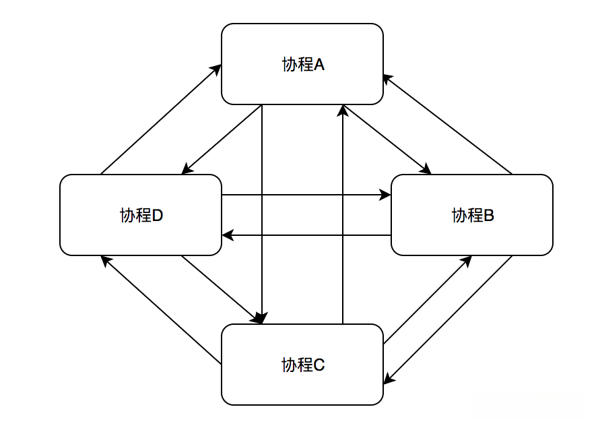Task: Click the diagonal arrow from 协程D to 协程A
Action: (x=162, y=119)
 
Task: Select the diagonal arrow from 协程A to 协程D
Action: (x=222, y=139)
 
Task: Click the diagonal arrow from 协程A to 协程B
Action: (x=387, y=139)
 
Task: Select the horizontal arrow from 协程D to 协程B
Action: (x=306, y=195)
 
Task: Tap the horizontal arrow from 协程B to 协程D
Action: (x=306, y=235)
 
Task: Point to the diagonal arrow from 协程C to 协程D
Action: (x=162, y=311)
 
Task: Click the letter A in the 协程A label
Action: (x=320, y=65)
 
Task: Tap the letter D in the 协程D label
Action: (x=158, y=216)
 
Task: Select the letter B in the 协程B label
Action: (x=489, y=216)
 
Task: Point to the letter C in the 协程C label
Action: (x=320, y=365)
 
